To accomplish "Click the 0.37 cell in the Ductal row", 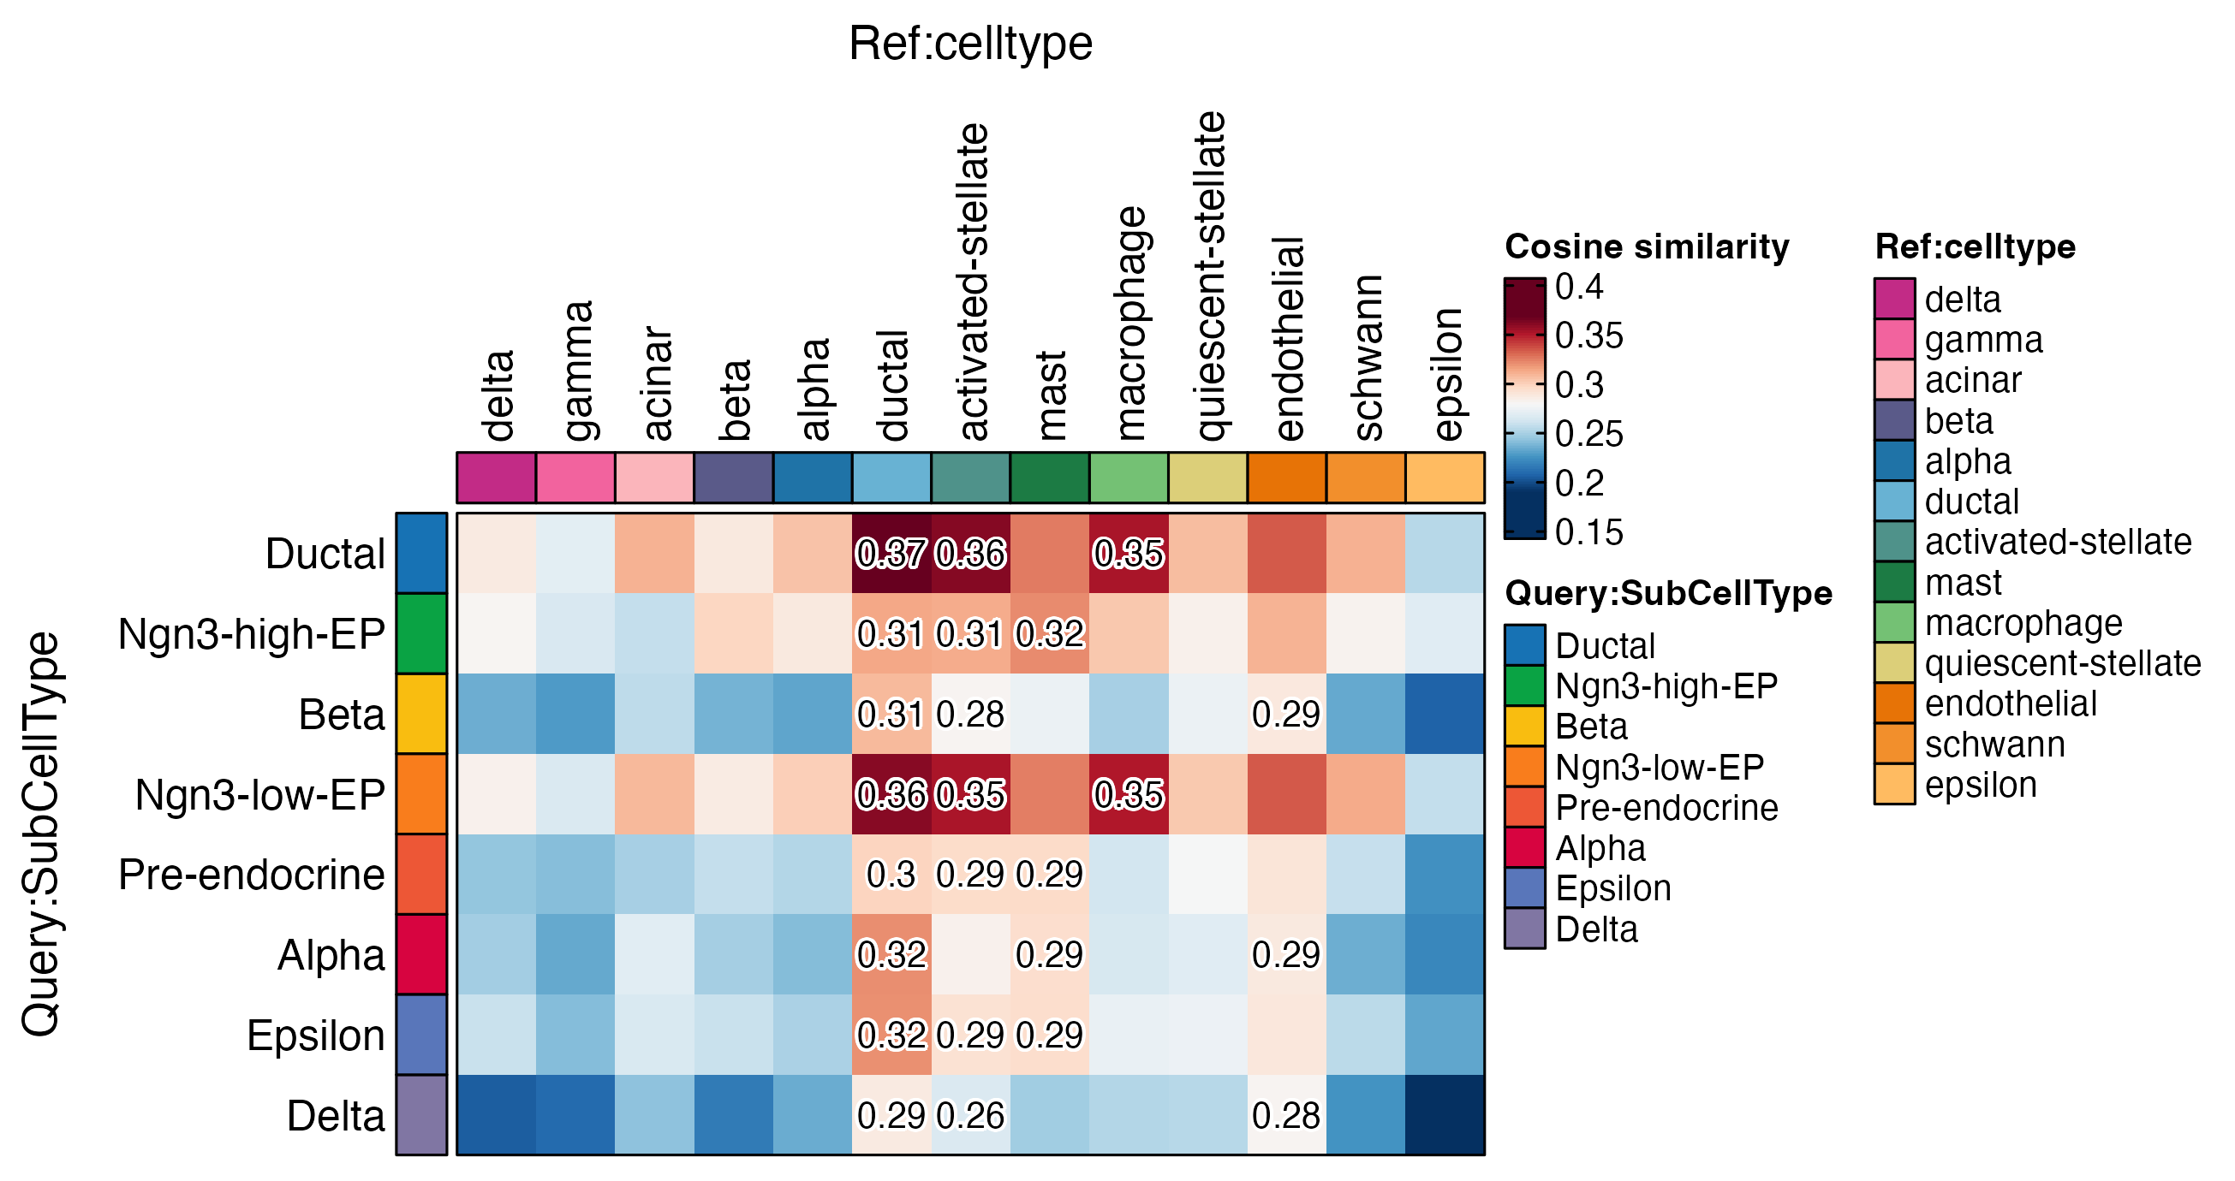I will [x=891, y=553].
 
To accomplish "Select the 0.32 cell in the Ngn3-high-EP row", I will [x=1050, y=634].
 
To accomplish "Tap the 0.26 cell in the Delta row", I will [x=970, y=1115].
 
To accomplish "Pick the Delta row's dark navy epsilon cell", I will [x=1445, y=1115].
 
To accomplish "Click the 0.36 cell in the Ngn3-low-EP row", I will [x=891, y=794].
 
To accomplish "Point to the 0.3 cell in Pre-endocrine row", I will [x=891, y=874].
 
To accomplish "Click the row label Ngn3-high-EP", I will [x=252, y=634].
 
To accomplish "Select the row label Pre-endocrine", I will [x=252, y=874].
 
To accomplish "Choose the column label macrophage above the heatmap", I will [x=1129, y=323].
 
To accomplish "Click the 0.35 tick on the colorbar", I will [x=1588, y=335].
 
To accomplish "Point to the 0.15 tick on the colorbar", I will [x=1588, y=532].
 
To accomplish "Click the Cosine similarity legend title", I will [x=1647, y=247].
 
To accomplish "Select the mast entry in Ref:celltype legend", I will [x=1963, y=583].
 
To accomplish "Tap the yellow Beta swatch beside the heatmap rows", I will [x=421, y=715].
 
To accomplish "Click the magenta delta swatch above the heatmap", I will [x=497, y=478].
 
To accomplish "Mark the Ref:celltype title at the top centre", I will [x=970, y=44].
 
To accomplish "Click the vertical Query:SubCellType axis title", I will [x=41, y=834].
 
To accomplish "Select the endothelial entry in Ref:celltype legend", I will [x=2011, y=704].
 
